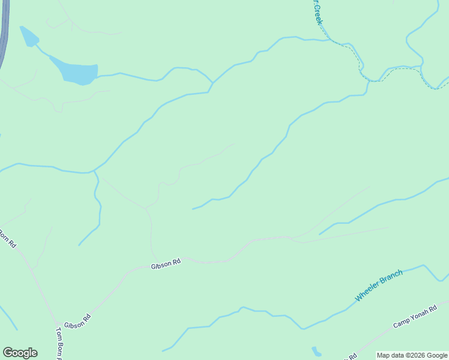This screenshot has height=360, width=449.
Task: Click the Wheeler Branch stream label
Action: point(378,286)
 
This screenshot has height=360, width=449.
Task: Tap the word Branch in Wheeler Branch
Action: point(391,279)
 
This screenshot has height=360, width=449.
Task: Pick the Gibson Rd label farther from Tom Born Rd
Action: point(166,264)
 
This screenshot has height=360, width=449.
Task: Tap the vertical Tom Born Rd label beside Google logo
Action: point(59,343)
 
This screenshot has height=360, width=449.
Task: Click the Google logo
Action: point(20,353)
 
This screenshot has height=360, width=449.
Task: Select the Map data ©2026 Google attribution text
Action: point(412,355)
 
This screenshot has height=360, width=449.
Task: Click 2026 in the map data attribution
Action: point(415,355)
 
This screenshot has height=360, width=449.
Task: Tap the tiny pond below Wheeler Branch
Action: point(316,351)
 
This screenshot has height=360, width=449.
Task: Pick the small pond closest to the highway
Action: point(28,36)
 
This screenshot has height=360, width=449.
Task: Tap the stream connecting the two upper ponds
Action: point(44,52)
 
